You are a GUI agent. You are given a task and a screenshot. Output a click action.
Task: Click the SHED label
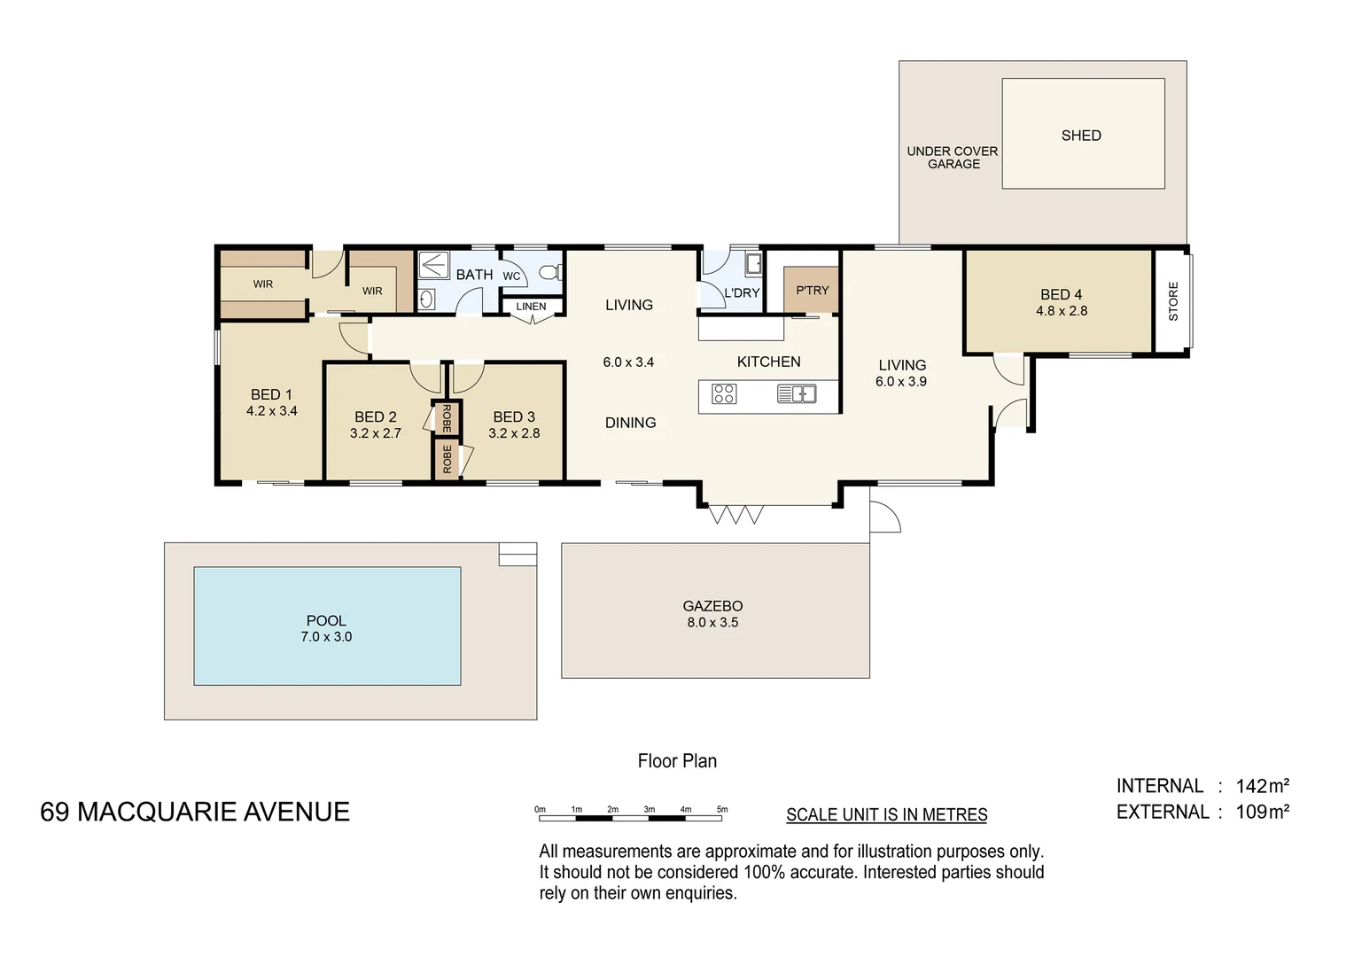point(1081,136)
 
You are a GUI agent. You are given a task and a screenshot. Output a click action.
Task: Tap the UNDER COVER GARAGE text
point(953,158)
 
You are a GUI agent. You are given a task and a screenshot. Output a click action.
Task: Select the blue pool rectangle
point(327,626)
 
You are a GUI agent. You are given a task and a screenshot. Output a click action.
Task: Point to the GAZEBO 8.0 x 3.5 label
point(712,614)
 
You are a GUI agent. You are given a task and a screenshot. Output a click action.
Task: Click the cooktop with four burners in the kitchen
point(724,393)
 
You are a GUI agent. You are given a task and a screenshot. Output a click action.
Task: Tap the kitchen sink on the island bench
point(797,393)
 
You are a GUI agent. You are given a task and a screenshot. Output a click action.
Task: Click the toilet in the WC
point(550,272)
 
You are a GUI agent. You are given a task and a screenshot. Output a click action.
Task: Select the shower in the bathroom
point(433,266)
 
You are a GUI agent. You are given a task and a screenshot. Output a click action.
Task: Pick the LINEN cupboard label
point(531,307)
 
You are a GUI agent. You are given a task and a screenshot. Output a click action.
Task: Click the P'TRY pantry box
point(812,290)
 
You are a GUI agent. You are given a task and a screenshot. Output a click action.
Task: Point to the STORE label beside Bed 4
point(1173,301)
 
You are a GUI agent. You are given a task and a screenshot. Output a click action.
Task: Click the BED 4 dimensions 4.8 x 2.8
point(1062,311)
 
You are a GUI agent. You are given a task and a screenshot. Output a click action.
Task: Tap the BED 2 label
point(376,416)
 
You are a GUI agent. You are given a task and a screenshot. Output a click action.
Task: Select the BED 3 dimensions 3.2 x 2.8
point(514,433)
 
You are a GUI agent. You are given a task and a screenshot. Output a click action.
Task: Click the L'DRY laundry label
point(742,292)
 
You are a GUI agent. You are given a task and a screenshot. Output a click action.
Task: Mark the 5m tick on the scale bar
point(721,816)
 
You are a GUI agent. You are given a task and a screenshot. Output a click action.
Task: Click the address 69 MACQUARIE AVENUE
point(195,812)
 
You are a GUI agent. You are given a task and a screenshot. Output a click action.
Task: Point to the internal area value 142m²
point(1262,786)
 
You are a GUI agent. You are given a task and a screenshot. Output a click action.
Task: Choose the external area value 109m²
point(1262,812)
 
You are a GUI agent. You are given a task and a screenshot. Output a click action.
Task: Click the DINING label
point(631,423)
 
